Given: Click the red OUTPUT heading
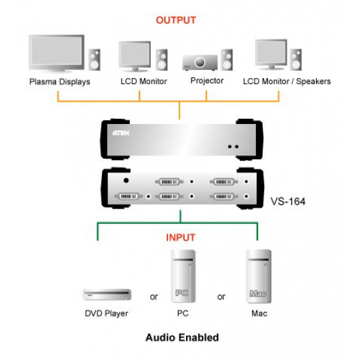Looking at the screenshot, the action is tap(176, 20).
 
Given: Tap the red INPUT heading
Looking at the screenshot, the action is tap(181, 237).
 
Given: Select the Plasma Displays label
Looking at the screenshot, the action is tap(60, 82).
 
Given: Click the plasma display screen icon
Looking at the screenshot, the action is tap(57, 53).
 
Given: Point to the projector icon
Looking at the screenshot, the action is tap(200, 63).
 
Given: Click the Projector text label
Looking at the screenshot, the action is tap(207, 81).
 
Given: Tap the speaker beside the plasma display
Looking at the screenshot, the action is tap(94, 60).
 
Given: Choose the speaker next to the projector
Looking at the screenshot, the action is tap(227, 60).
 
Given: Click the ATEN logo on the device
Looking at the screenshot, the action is tap(121, 133).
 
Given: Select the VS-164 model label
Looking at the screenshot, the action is tap(288, 201).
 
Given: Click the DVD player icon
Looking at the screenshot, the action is tap(107, 295).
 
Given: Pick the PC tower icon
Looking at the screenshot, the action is tap(183, 277).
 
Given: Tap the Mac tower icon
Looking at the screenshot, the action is tap(259, 277).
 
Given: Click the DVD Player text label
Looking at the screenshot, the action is tap(107, 313).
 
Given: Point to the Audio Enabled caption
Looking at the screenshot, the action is tap(182, 338).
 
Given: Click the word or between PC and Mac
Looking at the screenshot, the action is tap(221, 297).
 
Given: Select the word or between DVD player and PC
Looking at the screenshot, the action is tap(154, 297).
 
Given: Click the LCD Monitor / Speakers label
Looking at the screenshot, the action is tap(287, 81).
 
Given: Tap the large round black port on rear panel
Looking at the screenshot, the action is tap(126, 181).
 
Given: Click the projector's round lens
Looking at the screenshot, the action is tap(200, 62).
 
